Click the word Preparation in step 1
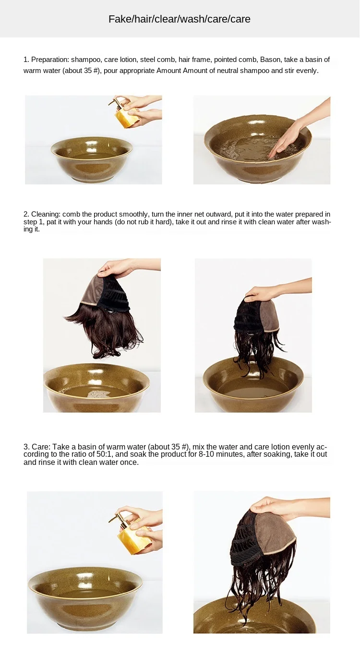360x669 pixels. (50, 60)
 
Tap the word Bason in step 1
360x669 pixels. (270, 60)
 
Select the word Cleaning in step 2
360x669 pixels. (46, 215)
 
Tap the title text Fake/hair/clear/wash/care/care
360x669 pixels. (180, 19)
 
